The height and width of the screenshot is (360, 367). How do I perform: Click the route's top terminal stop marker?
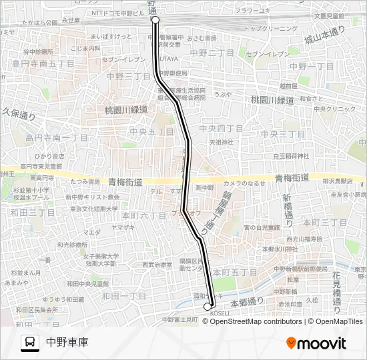pyautogui.click(x=155, y=20)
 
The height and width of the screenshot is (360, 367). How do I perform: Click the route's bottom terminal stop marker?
pyautogui.click(x=207, y=306)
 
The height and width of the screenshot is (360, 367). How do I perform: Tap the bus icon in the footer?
pyautogui.click(x=30, y=343)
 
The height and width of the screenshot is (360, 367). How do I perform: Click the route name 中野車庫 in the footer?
pyautogui.click(x=67, y=343)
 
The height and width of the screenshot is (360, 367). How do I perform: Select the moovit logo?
pyautogui.click(x=316, y=343)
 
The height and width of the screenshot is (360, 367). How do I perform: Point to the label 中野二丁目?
pyautogui.click(x=212, y=52)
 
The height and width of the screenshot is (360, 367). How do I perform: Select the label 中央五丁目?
pyautogui.click(x=152, y=132)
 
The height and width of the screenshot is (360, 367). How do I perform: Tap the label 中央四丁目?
pyautogui.click(x=222, y=128)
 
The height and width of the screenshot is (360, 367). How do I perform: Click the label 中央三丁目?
pyautogui.click(x=284, y=134)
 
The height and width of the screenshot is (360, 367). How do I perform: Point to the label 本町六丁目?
pyautogui.click(x=144, y=216)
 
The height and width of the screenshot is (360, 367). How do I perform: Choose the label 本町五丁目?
pyautogui.click(x=240, y=272)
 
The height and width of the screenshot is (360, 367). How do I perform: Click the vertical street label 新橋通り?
pyautogui.click(x=287, y=209)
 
